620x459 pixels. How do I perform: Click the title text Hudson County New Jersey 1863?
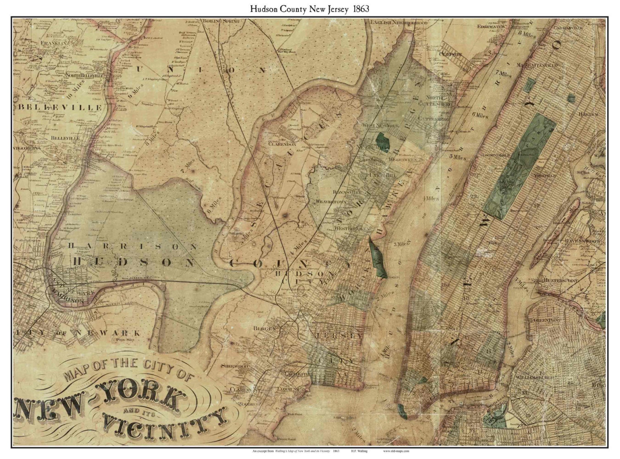click(310, 8)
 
